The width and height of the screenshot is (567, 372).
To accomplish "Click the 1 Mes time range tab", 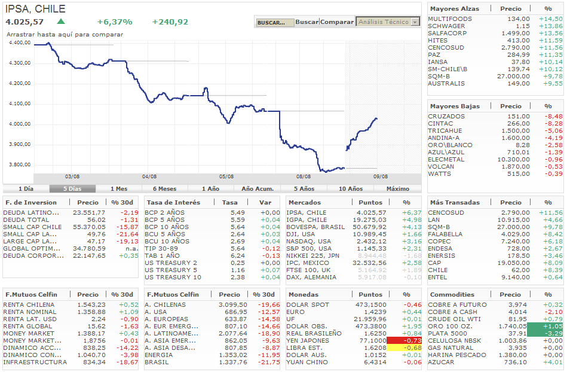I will click(x=118, y=188).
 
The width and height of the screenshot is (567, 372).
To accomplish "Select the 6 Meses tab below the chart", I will click(x=164, y=188).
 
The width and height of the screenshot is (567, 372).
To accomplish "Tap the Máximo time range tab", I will click(x=398, y=188).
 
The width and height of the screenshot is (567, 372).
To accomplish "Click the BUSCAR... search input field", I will click(x=275, y=23).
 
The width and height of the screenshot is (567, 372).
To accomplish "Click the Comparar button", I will click(x=337, y=22).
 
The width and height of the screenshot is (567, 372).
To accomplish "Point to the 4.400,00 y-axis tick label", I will click(x=20, y=43).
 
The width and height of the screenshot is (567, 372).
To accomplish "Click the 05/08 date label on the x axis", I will click(x=226, y=176).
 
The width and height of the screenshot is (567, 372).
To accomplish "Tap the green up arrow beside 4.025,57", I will click(x=61, y=22).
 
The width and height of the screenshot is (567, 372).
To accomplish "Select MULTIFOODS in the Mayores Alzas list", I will click(x=450, y=19).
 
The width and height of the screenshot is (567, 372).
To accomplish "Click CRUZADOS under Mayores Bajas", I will click(x=446, y=117).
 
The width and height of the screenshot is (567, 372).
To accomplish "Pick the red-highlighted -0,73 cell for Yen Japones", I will click(x=404, y=340).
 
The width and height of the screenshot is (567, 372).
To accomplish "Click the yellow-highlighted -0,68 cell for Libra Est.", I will click(x=404, y=347).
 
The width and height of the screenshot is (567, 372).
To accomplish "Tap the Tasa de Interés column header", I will click(x=173, y=202).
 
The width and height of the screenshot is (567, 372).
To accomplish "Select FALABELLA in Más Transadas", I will click(x=447, y=234).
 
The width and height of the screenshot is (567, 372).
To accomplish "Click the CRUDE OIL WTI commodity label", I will click(x=454, y=319).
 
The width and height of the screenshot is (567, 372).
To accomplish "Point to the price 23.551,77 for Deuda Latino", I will click(x=88, y=212).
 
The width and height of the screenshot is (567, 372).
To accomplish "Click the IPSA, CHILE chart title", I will click(x=36, y=9).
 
